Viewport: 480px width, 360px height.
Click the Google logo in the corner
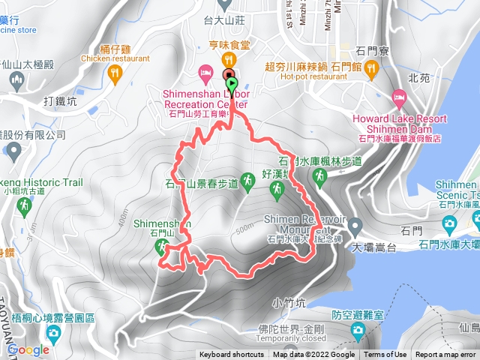click(28, 349)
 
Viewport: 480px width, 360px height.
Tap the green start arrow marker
click(232, 83)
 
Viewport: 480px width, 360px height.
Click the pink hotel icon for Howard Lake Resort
click(398, 97)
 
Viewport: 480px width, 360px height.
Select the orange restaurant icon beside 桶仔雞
click(114, 72)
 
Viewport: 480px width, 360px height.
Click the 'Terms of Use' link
click(385, 355)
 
